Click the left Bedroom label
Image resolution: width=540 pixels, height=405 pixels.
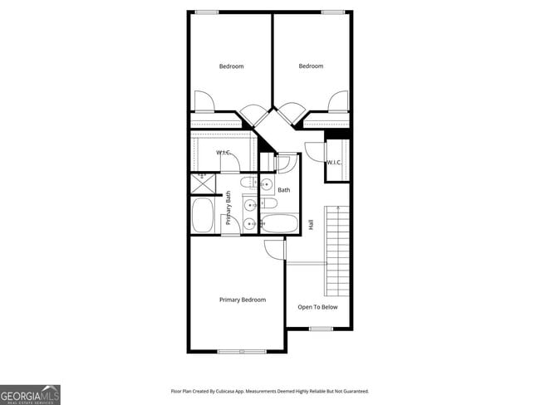pyautogui.click(x=231, y=66)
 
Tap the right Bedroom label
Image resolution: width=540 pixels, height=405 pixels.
pyautogui.click(x=311, y=66)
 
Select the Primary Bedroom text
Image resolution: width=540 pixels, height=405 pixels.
pyautogui.click(x=243, y=300)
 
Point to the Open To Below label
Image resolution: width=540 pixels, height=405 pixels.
pyautogui.click(x=317, y=306)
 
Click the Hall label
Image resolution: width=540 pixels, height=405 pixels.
pyautogui.click(x=311, y=224)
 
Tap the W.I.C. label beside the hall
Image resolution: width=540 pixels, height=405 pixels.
pyautogui.click(x=335, y=162)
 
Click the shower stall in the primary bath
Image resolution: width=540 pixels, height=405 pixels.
pyautogui.click(x=203, y=182)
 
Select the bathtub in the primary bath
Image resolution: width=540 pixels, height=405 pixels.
pyautogui.click(x=203, y=216)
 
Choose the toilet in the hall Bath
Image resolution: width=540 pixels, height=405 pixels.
pyautogui.click(x=270, y=203)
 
